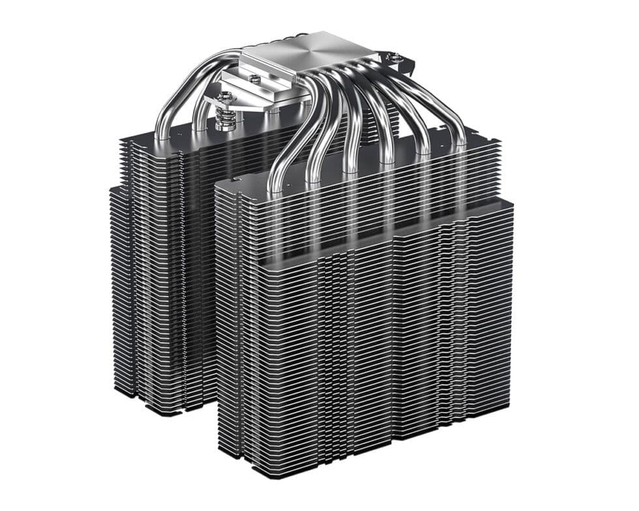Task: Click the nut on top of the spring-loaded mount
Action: (x=222, y=98)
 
